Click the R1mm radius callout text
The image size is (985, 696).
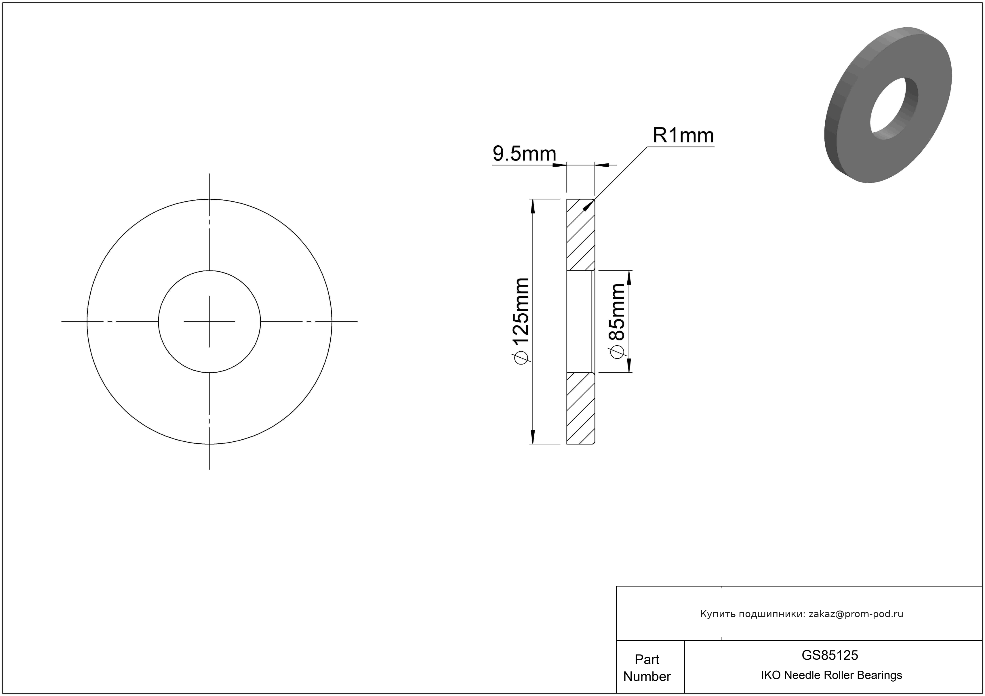click(x=683, y=136)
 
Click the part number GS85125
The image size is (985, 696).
click(x=830, y=655)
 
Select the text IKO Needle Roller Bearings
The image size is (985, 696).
click(x=831, y=675)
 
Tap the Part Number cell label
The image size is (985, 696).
click(x=647, y=668)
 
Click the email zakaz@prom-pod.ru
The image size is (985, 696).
click(x=856, y=614)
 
